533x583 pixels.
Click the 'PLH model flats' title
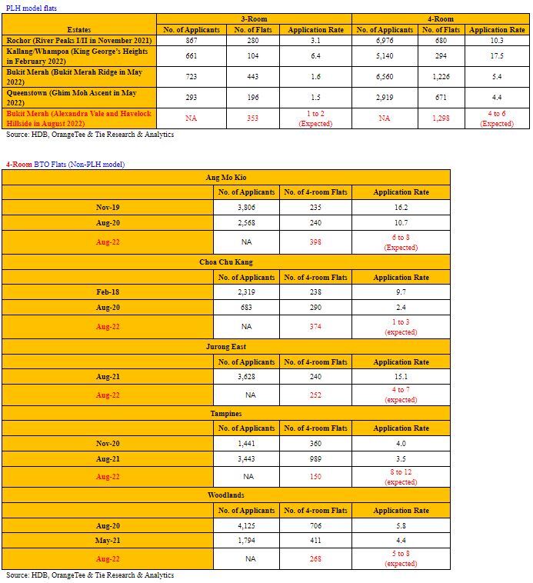click(x=31, y=7)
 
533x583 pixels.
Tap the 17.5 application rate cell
click(x=497, y=56)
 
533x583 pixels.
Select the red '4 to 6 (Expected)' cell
click(x=497, y=118)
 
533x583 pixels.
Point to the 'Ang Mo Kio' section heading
click(x=225, y=177)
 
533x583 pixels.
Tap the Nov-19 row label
click(x=107, y=208)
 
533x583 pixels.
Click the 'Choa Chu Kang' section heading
click(x=225, y=262)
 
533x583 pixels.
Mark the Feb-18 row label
click(x=107, y=293)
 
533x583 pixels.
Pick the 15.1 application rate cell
click(x=401, y=377)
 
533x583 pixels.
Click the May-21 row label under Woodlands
click(x=107, y=541)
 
